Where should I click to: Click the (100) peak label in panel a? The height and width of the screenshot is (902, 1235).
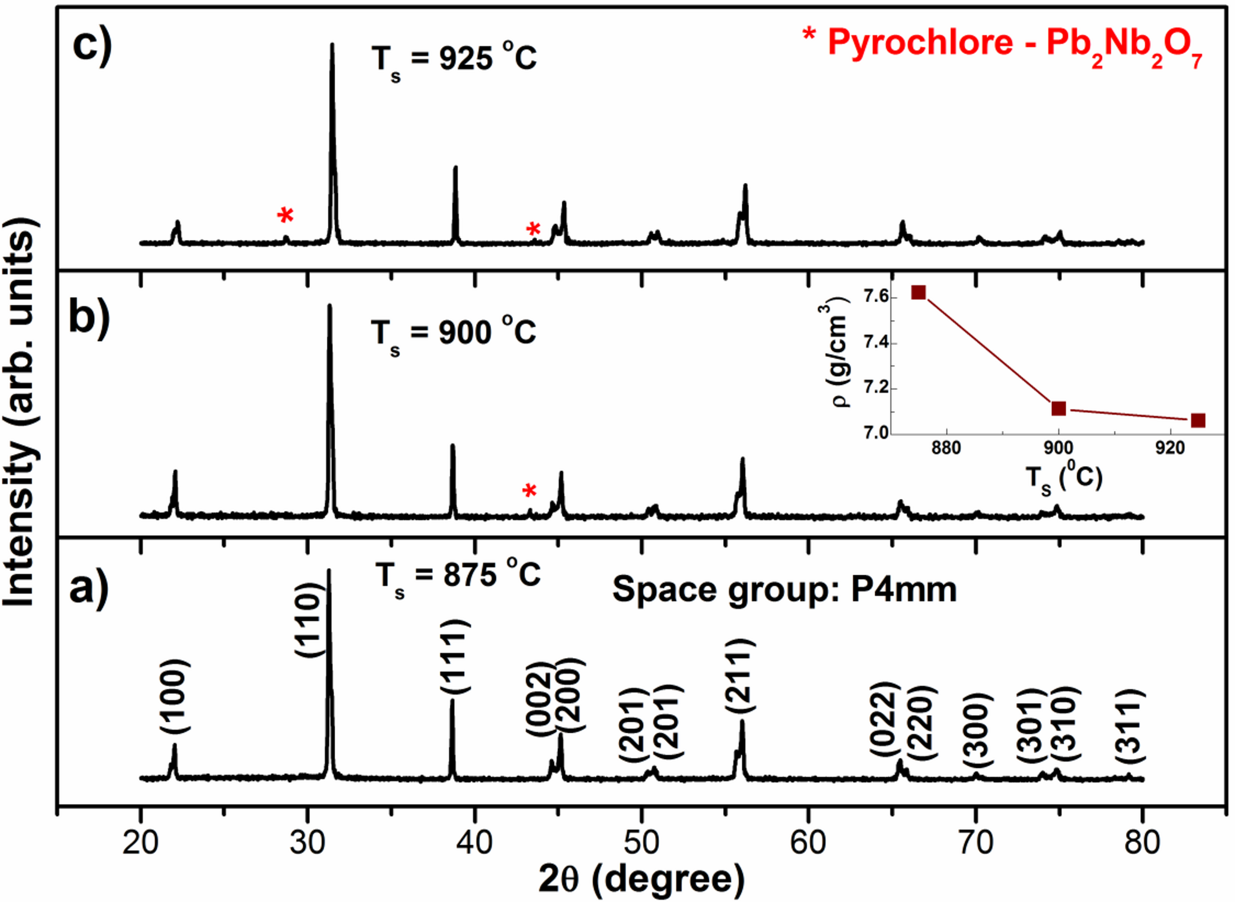175,697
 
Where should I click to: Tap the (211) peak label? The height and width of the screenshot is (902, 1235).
740,677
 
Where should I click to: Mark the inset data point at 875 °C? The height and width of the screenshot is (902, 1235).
918,292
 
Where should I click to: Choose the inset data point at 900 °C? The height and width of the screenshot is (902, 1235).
1059,408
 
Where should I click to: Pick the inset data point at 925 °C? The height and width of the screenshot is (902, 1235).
1198,420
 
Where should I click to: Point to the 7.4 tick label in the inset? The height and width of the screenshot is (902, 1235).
876,343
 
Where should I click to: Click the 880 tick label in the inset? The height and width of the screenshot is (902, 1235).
946,447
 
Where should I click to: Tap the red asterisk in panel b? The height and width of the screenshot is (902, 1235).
529,491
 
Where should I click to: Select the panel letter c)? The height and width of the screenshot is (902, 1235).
92,45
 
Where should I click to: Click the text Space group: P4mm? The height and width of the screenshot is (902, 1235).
784,589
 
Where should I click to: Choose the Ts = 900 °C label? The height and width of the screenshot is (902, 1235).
454,334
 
